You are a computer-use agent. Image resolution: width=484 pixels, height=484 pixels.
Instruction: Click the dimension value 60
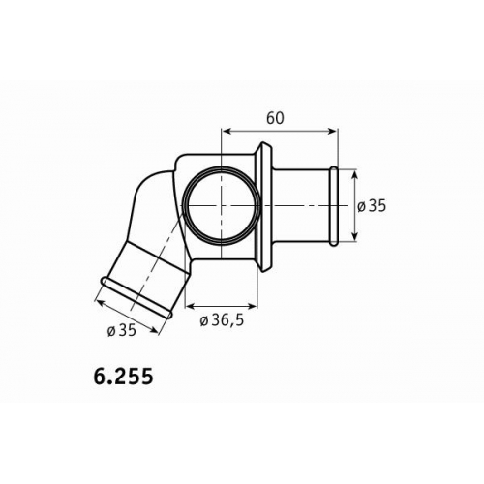[x=275, y=118]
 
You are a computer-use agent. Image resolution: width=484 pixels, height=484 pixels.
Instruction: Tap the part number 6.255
[x=123, y=377]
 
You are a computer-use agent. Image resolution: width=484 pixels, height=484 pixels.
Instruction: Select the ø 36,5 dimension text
[x=222, y=320]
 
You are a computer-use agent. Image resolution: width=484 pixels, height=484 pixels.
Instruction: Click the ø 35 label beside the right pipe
[x=372, y=206]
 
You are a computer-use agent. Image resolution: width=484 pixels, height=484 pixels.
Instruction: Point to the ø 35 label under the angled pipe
[x=122, y=330]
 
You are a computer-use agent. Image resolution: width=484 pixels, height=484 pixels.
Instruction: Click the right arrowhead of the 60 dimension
[x=332, y=131]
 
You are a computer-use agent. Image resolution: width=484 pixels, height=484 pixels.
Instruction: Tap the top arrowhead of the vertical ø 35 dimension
[x=355, y=175]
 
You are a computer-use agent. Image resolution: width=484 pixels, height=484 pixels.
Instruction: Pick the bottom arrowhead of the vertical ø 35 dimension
[x=355, y=235]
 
